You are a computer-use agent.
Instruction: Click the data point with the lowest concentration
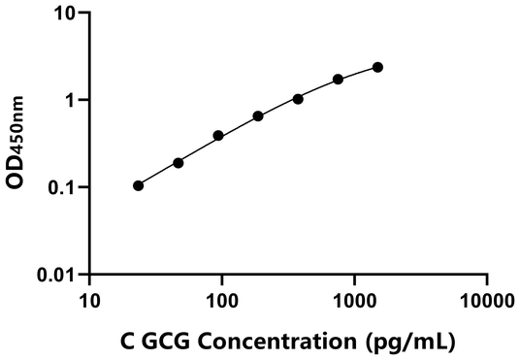(139, 185)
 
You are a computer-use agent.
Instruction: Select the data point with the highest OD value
(377, 67)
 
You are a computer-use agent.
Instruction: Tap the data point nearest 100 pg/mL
(218, 136)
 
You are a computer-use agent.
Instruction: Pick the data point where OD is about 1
(298, 99)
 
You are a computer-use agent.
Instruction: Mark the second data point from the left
(179, 163)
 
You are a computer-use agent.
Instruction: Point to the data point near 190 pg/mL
(258, 116)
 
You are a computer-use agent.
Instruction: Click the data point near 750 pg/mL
(338, 80)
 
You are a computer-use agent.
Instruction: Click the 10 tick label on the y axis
(64, 15)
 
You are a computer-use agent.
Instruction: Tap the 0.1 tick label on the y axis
(60, 187)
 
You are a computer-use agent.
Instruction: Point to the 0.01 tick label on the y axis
(54, 275)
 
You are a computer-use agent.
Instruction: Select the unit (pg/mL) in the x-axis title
(408, 342)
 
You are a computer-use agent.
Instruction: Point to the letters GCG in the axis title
(167, 342)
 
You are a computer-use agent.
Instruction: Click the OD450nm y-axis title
(18, 146)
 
